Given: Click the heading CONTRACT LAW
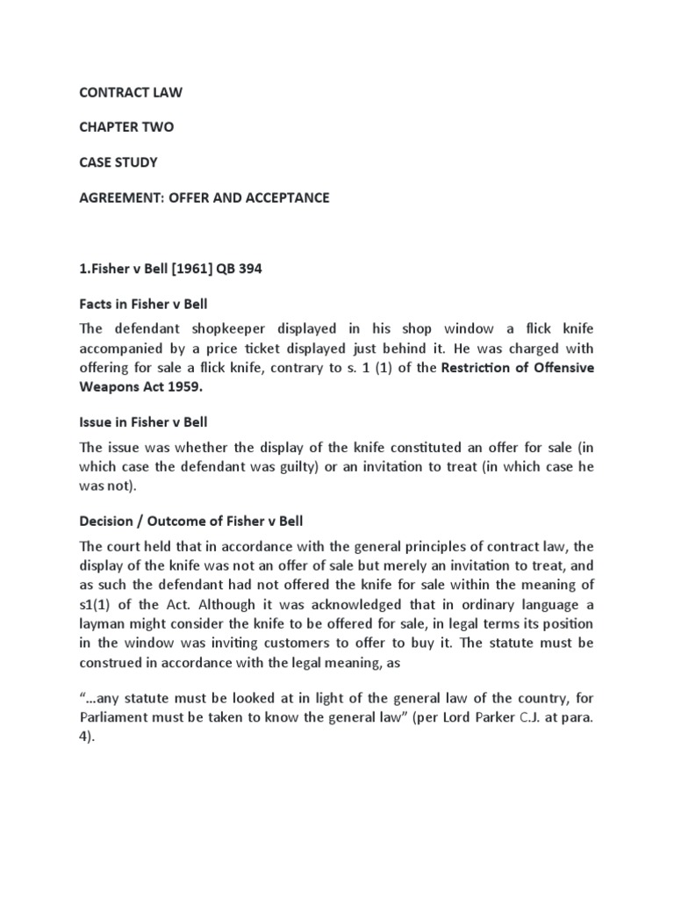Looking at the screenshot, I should pyautogui.click(x=131, y=92).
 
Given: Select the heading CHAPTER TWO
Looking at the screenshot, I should pyautogui.click(x=126, y=127).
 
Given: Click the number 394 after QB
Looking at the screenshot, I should pyautogui.click(x=249, y=270).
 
